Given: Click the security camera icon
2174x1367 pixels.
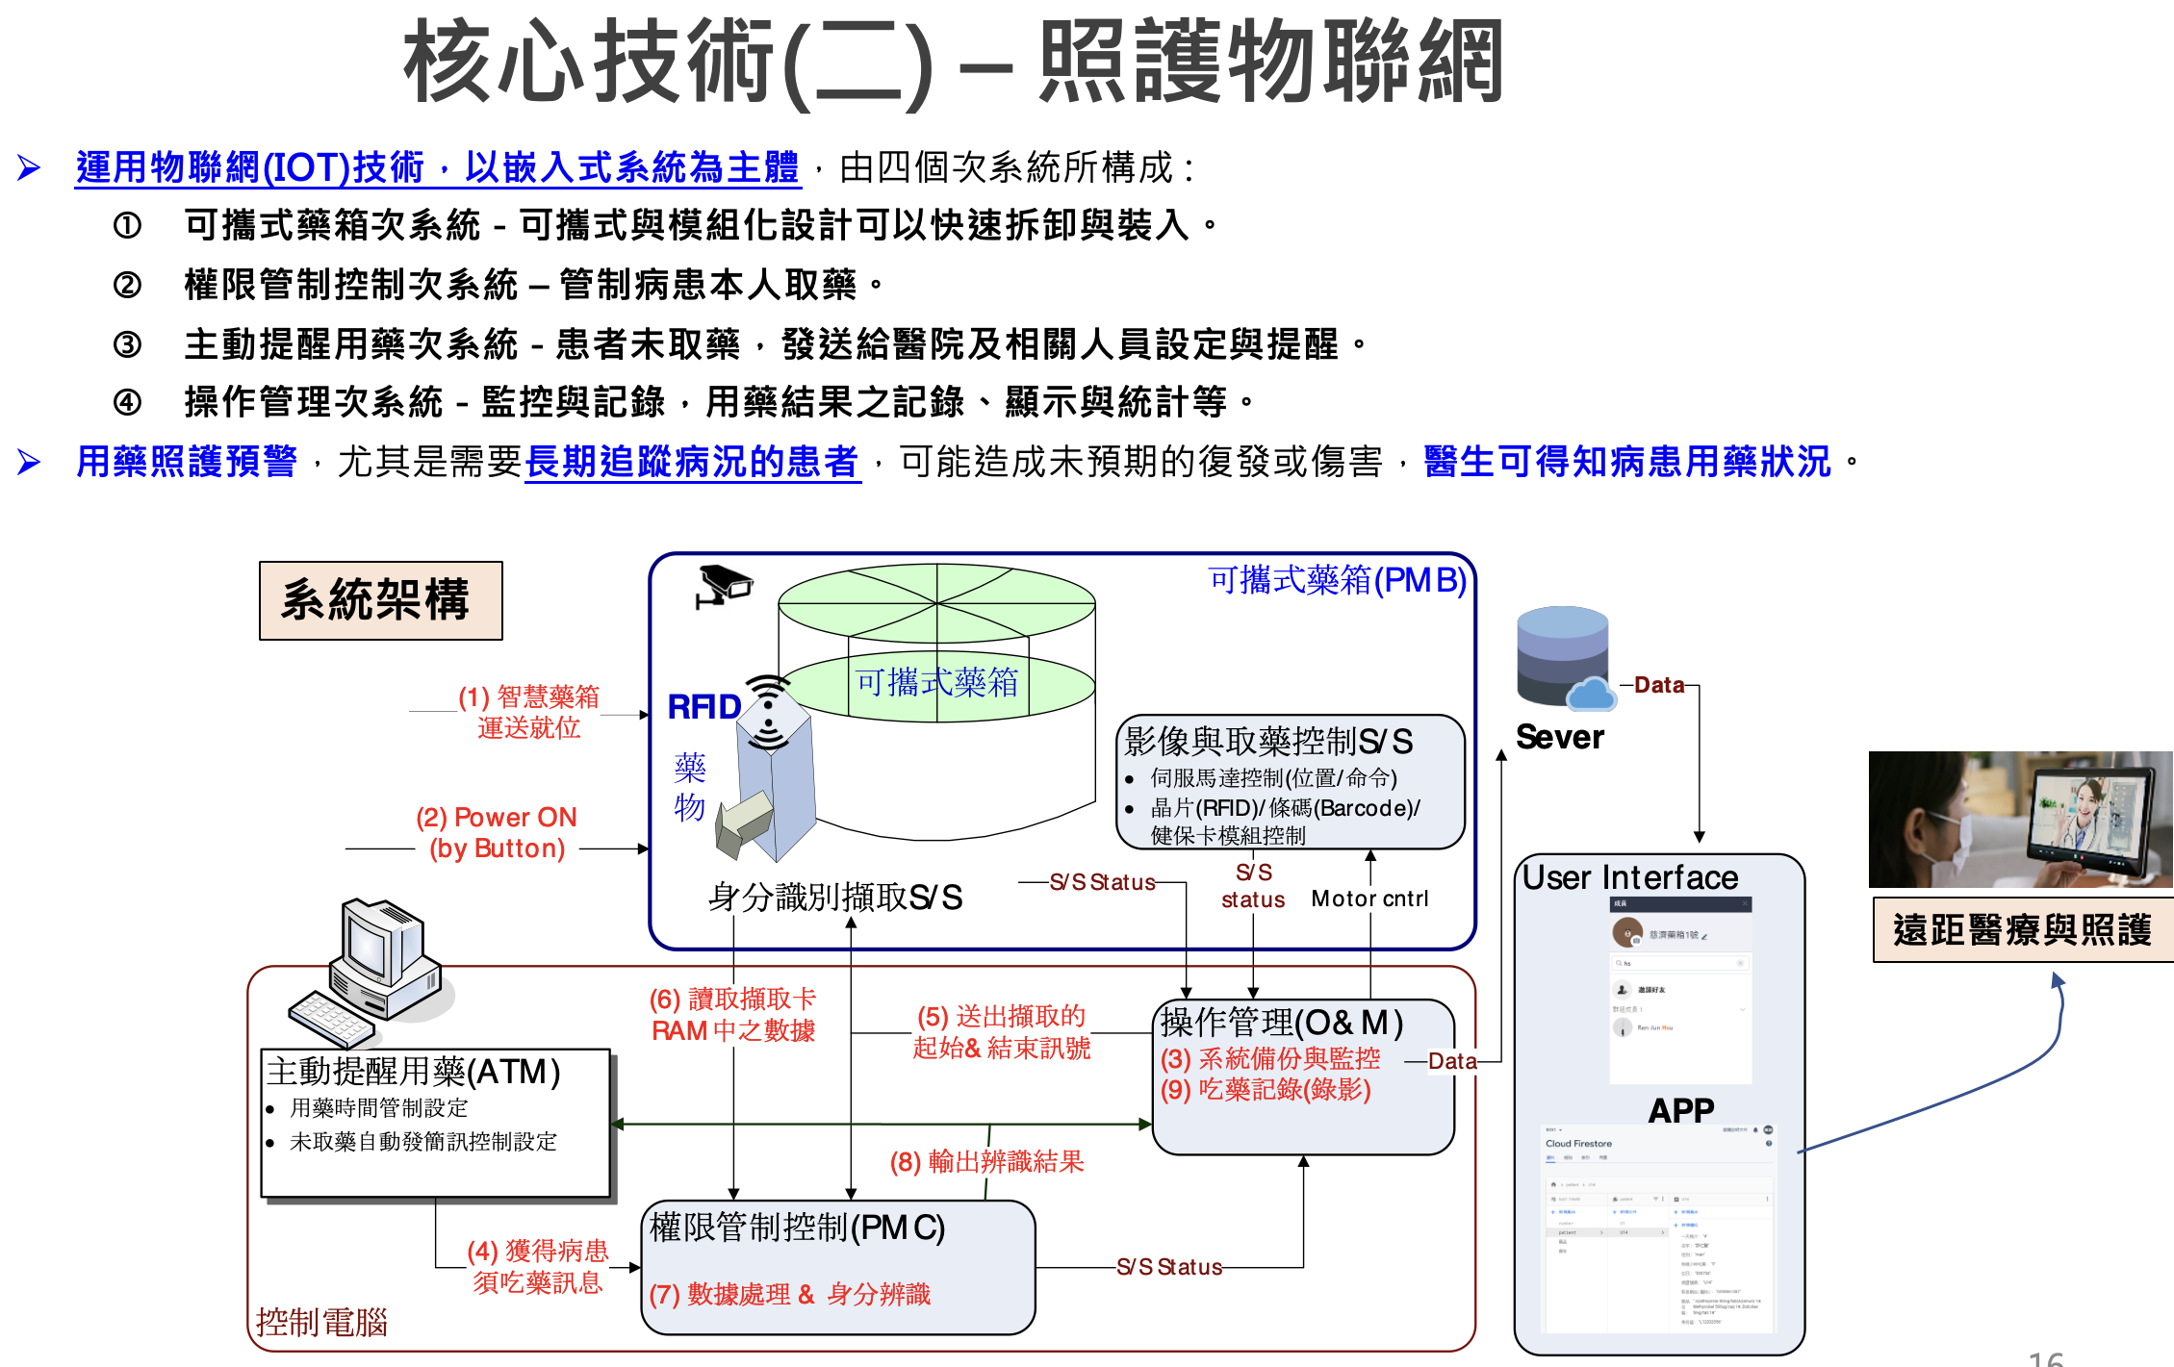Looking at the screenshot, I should pos(724,585).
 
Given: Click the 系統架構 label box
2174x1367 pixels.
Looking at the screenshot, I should pos(380,600).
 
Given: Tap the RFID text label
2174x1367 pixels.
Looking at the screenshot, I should pos(703,707).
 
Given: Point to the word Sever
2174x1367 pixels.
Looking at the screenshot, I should pos(1559,737).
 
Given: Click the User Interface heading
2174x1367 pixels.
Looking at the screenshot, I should pos(1630,877).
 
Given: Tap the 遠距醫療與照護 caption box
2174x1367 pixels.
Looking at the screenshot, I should pos(2022,929).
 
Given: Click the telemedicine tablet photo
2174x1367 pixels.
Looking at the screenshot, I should pos(2020,819).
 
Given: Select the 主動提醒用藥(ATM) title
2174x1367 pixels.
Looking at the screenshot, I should pos(414,1071).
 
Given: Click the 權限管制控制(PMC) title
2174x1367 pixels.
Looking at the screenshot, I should pos(797,1227).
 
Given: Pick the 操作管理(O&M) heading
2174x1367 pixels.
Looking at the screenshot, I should pos(1281,1022).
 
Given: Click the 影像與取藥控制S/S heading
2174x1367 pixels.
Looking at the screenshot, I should pos(1268,741).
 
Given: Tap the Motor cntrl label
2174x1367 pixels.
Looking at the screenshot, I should pos(1369,899).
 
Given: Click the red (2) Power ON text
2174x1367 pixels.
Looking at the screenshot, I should pos(496,818).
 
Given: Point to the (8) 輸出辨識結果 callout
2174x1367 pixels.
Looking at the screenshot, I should pos(986,1162).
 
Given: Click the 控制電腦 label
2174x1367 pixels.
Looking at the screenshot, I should pos(321,1322).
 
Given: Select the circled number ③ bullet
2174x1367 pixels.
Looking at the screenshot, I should pos(127,343).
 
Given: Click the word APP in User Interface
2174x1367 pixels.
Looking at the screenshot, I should pos(1680,1110).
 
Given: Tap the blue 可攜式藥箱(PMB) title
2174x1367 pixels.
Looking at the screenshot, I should pos(1337,580).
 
